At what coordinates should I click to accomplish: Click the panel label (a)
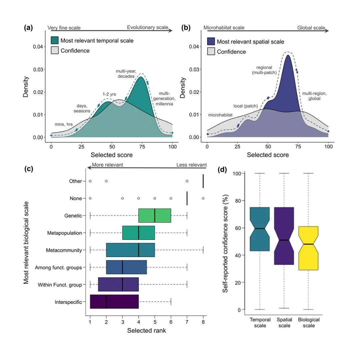pyautogui.click(x=28, y=28)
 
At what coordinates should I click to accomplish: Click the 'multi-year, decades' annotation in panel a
pyautogui.click(x=125, y=74)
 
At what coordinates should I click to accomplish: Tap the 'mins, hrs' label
pyautogui.click(x=63, y=124)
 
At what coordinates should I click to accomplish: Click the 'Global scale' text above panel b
pyautogui.click(x=311, y=28)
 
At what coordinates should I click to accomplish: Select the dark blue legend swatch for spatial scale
pyautogui.click(x=211, y=42)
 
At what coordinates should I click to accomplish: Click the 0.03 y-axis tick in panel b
pyautogui.click(x=195, y=69)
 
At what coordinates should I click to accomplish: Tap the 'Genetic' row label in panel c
pyautogui.click(x=73, y=216)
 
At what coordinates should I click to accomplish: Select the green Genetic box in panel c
pyautogui.click(x=155, y=215)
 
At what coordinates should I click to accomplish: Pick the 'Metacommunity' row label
pyautogui.click(x=65, y=250)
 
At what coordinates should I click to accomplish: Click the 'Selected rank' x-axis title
pyautogui.click(x=146, y=331)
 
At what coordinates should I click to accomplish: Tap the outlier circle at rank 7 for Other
pyautogui.click(x=187, y=181)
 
